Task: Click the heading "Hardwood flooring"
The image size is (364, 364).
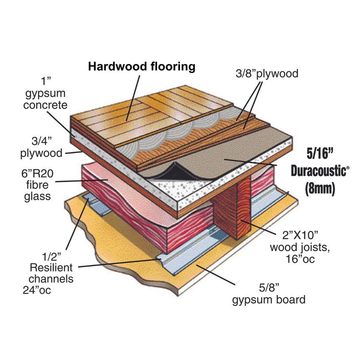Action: coord(142,67)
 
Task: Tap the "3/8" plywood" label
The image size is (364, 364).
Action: coord(266,73)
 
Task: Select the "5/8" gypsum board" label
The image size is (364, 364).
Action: coord(268,295)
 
